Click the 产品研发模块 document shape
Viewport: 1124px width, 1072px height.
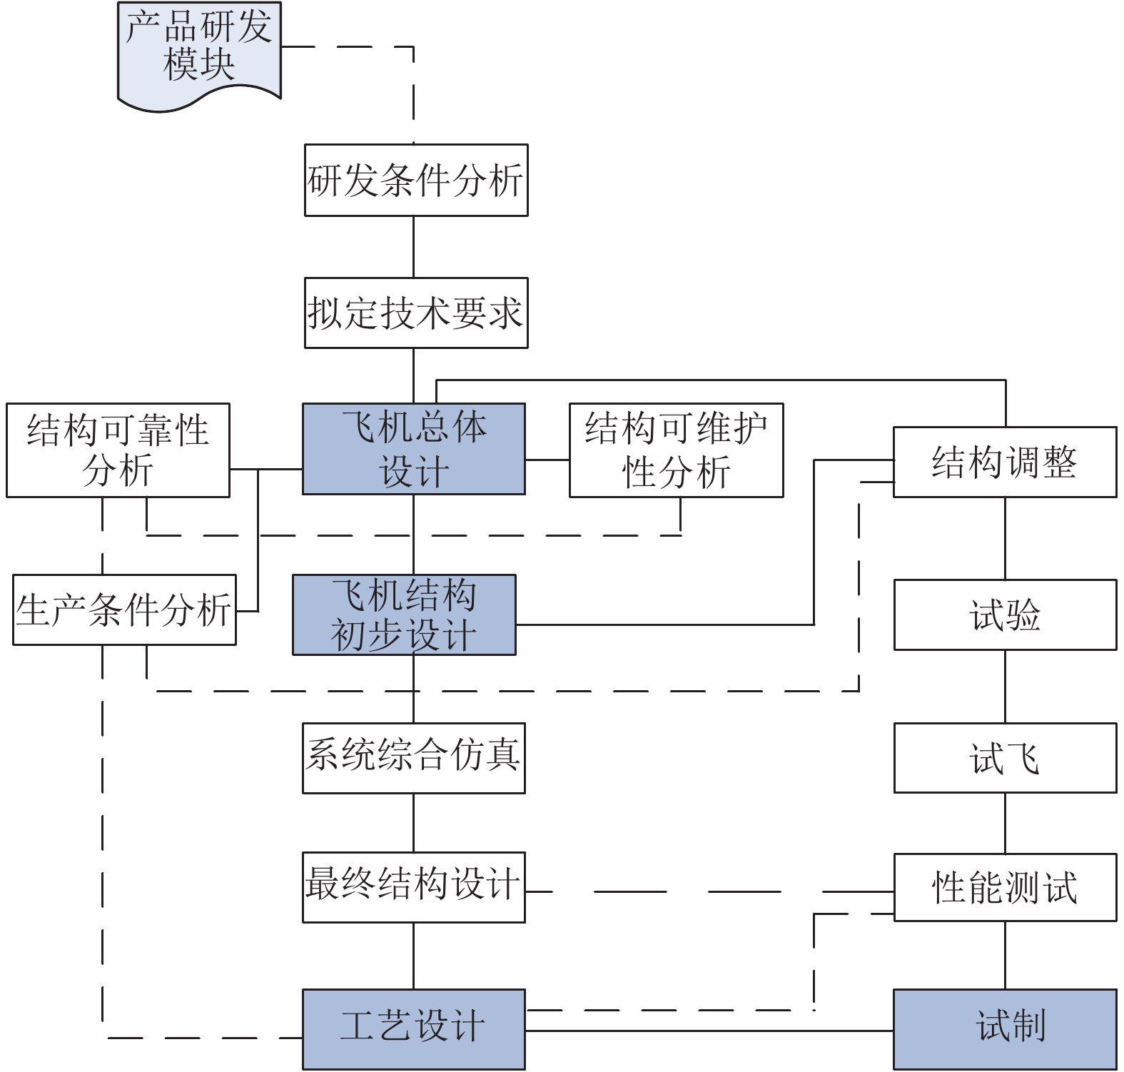pyautogui.click(x=199, y=50)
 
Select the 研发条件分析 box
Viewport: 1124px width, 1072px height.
pyautogui.click(x=415, y=180)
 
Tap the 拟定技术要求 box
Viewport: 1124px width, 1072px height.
pyautogui.click(x=415, y=313)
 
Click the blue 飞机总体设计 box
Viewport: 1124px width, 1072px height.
pyautogui.click(x=413, y=449)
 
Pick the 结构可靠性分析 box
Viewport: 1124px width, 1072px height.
pyautogui.click(x=118, y=450)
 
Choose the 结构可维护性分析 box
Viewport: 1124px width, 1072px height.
pyautogui.click(x=676, y=450)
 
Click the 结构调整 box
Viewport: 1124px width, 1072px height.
pyautogui.click(x=1004, y=462)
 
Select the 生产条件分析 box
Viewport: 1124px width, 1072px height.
pyautogui.click(x=124, y=610)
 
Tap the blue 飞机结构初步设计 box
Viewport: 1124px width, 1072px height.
pyautogui.click(x=404, y=615)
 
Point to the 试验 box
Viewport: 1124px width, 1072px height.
pyautogui.click(x=1004, y=615)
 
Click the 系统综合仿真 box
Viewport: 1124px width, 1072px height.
pyautogui.click(x=413, y=758)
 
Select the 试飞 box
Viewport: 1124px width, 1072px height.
pyautogui.click(x=1004, y=758)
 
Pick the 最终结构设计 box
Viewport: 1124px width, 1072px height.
pyautogui.click(x=413, y=886)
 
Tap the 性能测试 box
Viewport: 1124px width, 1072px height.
pyautogui.click(x=1004, y=887)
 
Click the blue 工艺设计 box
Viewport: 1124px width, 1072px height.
pyautogui.click(x=413, y=1028)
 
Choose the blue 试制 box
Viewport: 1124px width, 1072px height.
pyautogui.click(x=1004, y=1028)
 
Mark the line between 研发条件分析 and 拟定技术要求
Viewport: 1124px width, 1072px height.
pyautogui.click(x=413, y=247)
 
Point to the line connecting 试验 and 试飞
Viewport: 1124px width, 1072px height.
pyautogui.click(x=1005, y=687)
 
